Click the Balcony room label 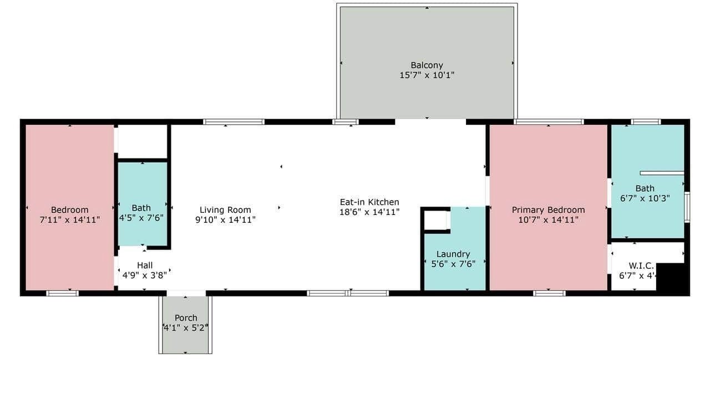click(427, 65)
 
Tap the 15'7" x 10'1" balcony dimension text click(427, 75)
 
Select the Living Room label click(225, 209)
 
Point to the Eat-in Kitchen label click(369, 202)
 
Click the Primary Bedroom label click(548, 209)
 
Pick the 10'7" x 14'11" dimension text click(548, 220)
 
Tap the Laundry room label click(453, 254)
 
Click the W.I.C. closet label click(641, 265)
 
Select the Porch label click(186, 318)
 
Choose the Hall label click(145, 265)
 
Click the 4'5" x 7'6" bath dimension click(141, 218)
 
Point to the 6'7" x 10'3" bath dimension click(645, 198)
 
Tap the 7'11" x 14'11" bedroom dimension click(70, 220)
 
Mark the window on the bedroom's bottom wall click(62, 293)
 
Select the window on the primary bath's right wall click(687, 207)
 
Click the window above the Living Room click(234, 122)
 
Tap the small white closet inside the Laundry click(437, 220)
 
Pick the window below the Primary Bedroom click(549, 293)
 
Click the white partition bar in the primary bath click(662, 173)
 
